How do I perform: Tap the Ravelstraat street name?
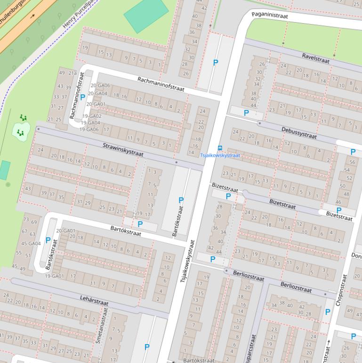tap(316, 58)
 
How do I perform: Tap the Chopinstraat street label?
tap(341, 289)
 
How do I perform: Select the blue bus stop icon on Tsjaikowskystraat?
tap(219, 148)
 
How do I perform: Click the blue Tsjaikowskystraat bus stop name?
tap(220, 155)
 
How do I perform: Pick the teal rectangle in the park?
tap(146, 14)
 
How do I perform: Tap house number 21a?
tap(72, 73)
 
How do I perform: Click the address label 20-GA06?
tap(100, 86)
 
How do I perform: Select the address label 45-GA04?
tap(31, 244)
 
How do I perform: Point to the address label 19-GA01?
tap(54, 276)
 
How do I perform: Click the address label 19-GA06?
tap(89, 129)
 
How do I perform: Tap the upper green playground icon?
tap(24, 118)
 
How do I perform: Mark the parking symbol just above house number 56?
tap(353, 152)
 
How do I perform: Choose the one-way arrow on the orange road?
tap(32, 16)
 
